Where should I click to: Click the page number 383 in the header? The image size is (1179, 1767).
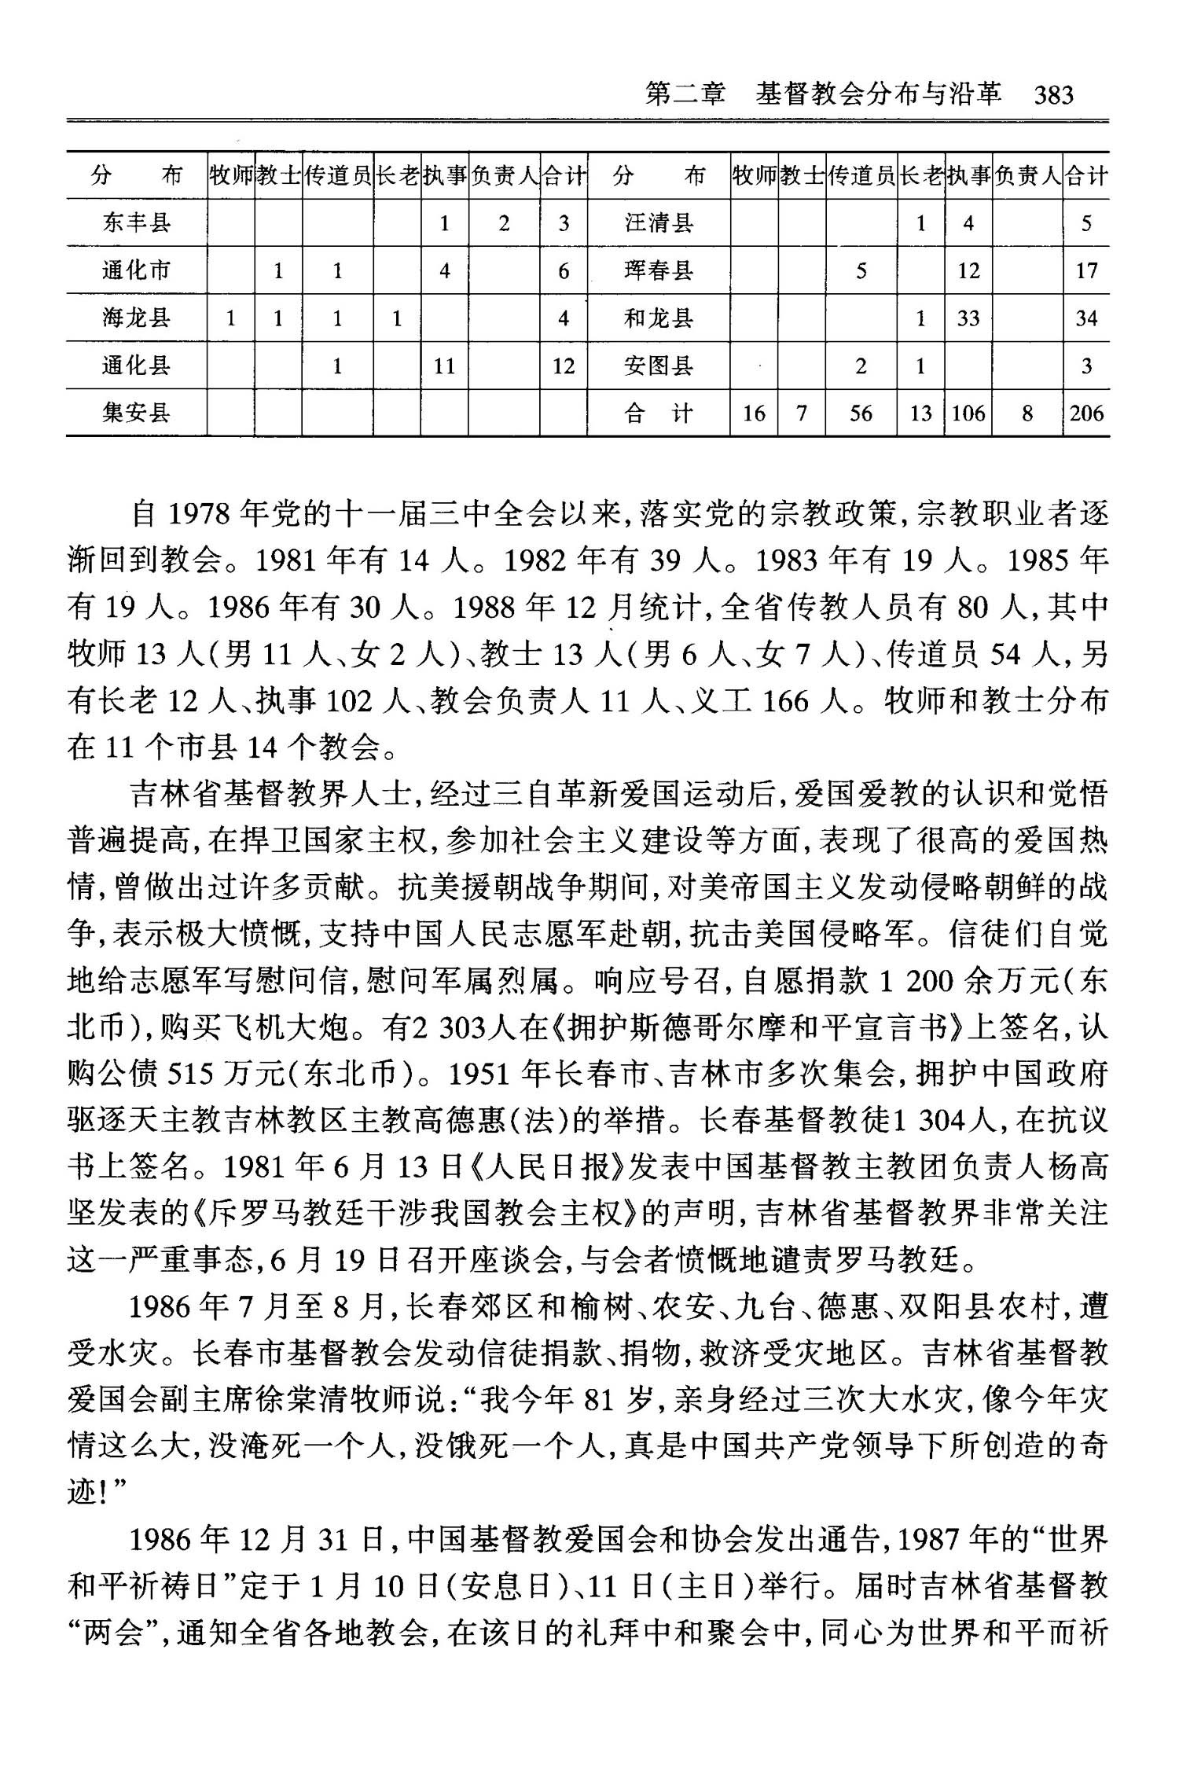pos(1053,95)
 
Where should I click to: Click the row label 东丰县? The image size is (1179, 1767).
pos(136,223)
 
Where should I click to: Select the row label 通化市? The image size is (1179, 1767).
pos(136,270)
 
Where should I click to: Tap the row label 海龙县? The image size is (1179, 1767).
pos(136,318)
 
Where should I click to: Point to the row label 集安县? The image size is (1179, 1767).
pos(136,413)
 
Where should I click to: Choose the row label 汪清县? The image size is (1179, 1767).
pos(659,223)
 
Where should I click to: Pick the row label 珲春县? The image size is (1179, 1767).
pos(659,270)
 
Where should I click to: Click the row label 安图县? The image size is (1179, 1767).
pos(659,366)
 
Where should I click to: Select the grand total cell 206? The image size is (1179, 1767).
pos(1086,413)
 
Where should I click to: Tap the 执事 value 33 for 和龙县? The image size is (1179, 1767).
pos(968,318)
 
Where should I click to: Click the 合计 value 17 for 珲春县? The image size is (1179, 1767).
pos(1086,271)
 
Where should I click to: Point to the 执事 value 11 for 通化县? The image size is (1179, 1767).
pos(444,366)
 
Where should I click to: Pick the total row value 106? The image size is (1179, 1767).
pos(968,413)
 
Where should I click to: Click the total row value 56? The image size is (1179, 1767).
pos(861,413)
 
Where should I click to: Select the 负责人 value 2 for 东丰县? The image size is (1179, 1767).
pos(504,224)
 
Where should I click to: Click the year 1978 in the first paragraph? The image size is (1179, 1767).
pos(199,515)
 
